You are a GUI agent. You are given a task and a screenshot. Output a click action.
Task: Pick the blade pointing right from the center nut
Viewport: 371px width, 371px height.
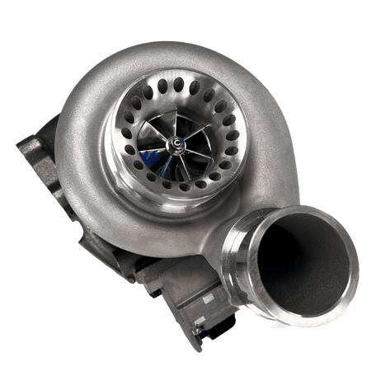pos(204,147)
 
